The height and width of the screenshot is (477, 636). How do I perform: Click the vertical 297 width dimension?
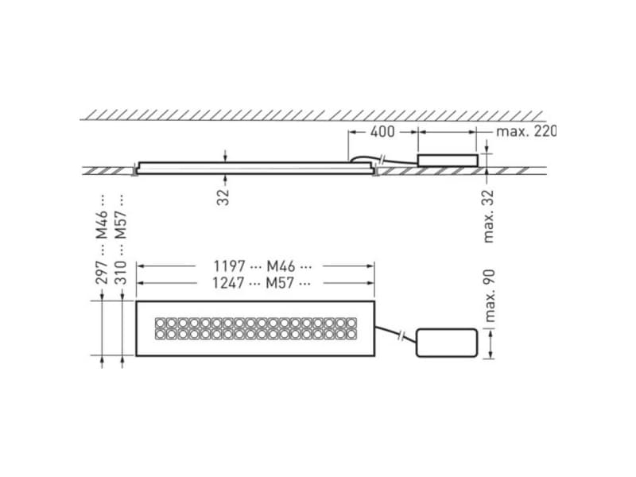102,273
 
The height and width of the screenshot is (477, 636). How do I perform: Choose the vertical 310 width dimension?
121,273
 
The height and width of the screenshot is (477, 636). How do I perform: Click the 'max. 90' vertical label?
490,295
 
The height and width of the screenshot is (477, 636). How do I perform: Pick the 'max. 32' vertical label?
490,215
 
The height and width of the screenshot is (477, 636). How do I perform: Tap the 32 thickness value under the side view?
224,196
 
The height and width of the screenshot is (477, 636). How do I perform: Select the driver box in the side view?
448,160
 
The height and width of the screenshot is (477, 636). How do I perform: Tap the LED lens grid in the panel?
256,329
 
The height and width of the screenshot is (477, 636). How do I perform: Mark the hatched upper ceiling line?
318,114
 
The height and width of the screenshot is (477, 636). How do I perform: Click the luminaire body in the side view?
254,167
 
